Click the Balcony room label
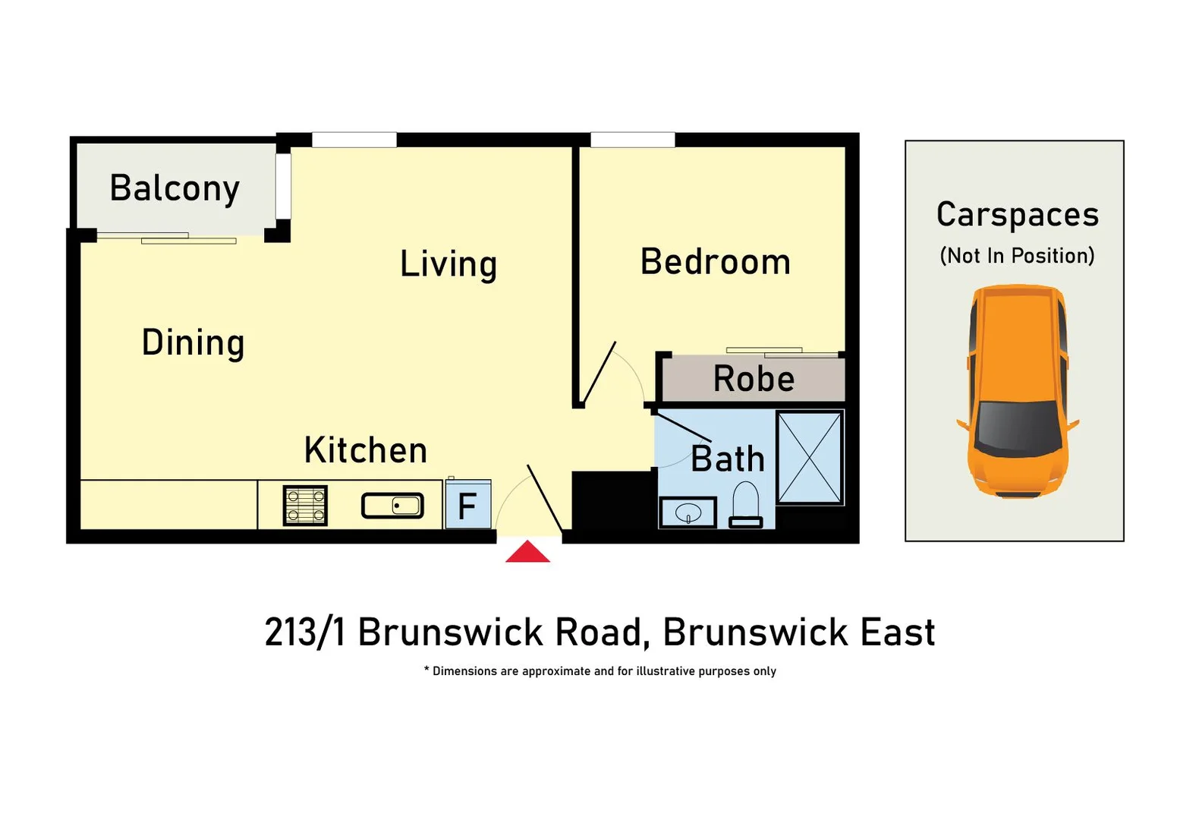click(x=175, y=188)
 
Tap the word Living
click(x=448, y=264)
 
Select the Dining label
click(x=193, y=342)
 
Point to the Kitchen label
click(x=366, y=450)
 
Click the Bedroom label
click(x=715, y=262)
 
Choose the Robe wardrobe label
click(x=754, y=379)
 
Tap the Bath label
click(x=727, y=459)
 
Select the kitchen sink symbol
click(x=392, y=506)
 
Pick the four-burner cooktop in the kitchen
click(x=305, y=506)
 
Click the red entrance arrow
click(x=527, y=552)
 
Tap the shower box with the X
click(x=810, y=457)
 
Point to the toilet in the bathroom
click(x=745, y=505)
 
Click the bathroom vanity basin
click(x=688, y=512)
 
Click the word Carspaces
click(x=1017, y=215)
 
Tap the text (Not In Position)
click(x=1017, y=256)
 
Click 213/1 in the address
click(x=305, y=632)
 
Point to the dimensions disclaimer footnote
click(x=599, y=671)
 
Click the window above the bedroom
click(x=632, y=140)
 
